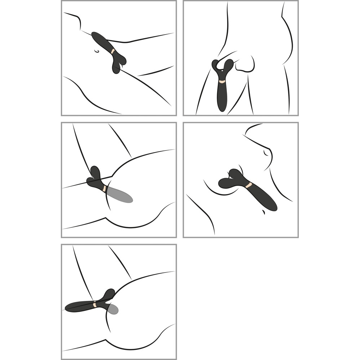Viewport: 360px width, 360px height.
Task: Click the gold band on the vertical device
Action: point(222,82)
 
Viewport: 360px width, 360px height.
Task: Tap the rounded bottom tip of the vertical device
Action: point(222,108)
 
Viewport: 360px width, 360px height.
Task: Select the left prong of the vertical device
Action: point(215,65)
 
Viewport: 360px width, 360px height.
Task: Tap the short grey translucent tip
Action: point(114,309)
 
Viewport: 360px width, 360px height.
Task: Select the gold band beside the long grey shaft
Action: point(104,188)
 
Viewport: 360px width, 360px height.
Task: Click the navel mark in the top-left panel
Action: point(96,51)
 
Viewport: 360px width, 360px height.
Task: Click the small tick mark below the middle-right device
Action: point(264,213)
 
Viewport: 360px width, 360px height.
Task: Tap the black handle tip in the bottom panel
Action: point(68,308)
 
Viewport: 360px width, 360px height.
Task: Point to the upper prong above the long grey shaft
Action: point(95,171)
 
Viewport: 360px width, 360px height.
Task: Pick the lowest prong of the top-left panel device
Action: point(116,69)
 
